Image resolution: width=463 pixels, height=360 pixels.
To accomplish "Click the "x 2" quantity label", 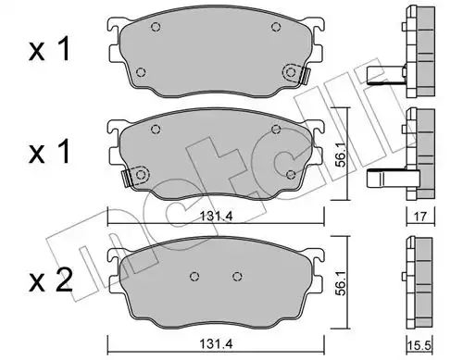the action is [x=51, y=280].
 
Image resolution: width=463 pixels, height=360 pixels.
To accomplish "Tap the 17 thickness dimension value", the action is [x=420, y=217].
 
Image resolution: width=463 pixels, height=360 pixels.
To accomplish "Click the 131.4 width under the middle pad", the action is [x=217, y=216].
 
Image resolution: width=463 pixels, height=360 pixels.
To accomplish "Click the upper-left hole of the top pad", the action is [x=156, y=27].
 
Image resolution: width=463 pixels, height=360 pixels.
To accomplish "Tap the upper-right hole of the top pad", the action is [x=276, y=27].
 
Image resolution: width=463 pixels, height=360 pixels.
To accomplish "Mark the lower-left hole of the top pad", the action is [x=141, y=72].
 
